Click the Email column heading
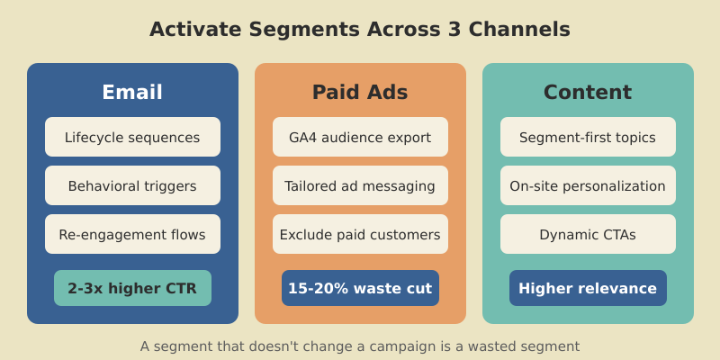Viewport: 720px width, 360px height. [132, 92]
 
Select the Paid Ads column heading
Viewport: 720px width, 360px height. [360, 92]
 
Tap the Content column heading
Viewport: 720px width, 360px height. [588, 92]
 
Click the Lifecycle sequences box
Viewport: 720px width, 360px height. [132, 137]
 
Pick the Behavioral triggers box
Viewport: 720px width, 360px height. [132, 185]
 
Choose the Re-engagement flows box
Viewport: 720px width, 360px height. [132, 234]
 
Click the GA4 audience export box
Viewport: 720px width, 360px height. [360, 137]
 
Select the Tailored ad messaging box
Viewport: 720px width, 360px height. [360, 185]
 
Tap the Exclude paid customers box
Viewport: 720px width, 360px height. [360, 234]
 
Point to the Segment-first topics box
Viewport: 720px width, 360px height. [588, 137]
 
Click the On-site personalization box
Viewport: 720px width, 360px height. [588, 185]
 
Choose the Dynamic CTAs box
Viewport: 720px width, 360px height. [588, 234]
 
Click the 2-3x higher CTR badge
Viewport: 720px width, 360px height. [132, 288]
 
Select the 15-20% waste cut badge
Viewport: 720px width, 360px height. [360, 288]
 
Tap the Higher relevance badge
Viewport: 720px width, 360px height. [588, 288]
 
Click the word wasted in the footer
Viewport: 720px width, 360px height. [491, 346]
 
